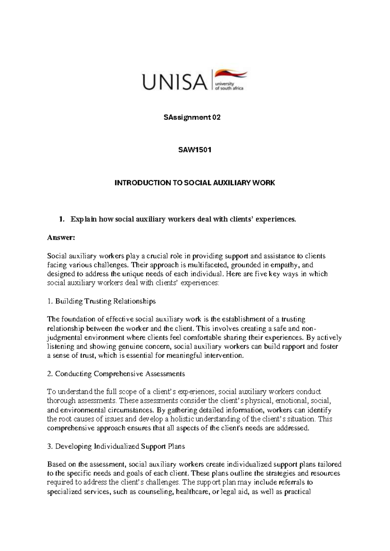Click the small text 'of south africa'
point(229,88)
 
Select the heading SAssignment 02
point(192,118)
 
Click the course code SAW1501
point(195,150)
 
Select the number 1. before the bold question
point(61,219)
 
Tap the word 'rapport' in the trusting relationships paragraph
point(294,347)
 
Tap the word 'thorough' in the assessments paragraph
point(59,401)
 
